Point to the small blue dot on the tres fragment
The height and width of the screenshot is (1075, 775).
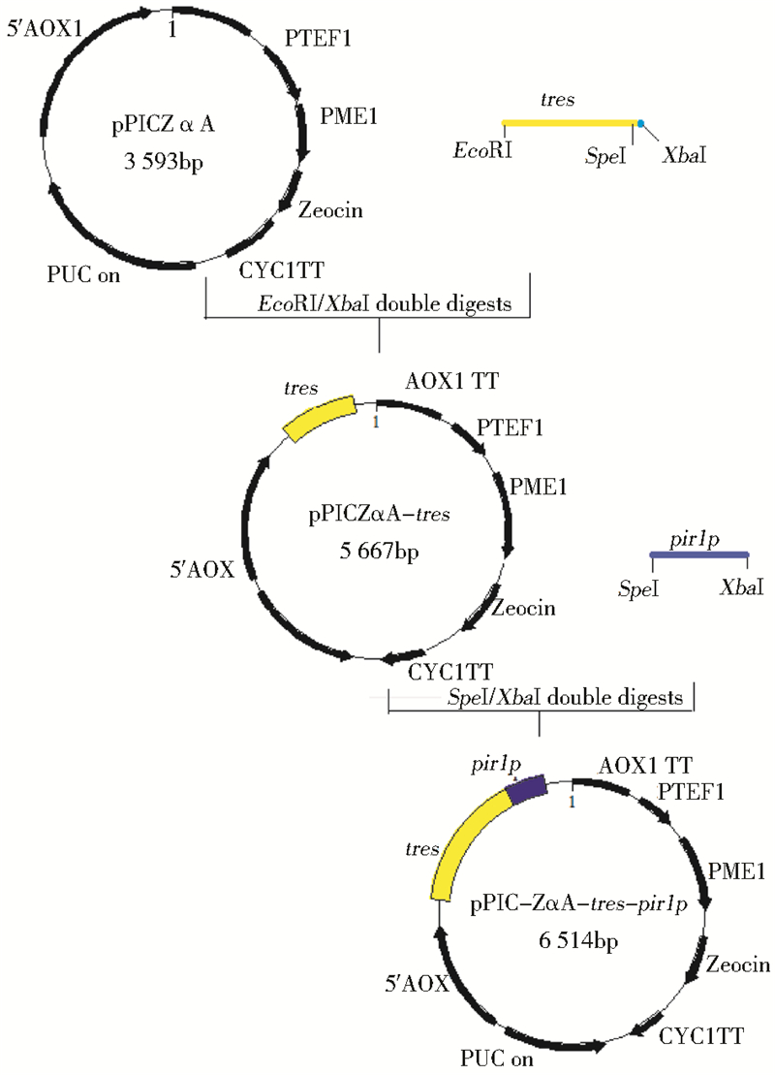pos(639,122)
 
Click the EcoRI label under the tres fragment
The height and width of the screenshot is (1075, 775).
pos(483,153)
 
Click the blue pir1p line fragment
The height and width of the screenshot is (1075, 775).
pos(698,553)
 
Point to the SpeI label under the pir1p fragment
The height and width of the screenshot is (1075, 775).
pos(639,587)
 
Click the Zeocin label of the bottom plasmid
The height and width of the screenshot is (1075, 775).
pos(738,964)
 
